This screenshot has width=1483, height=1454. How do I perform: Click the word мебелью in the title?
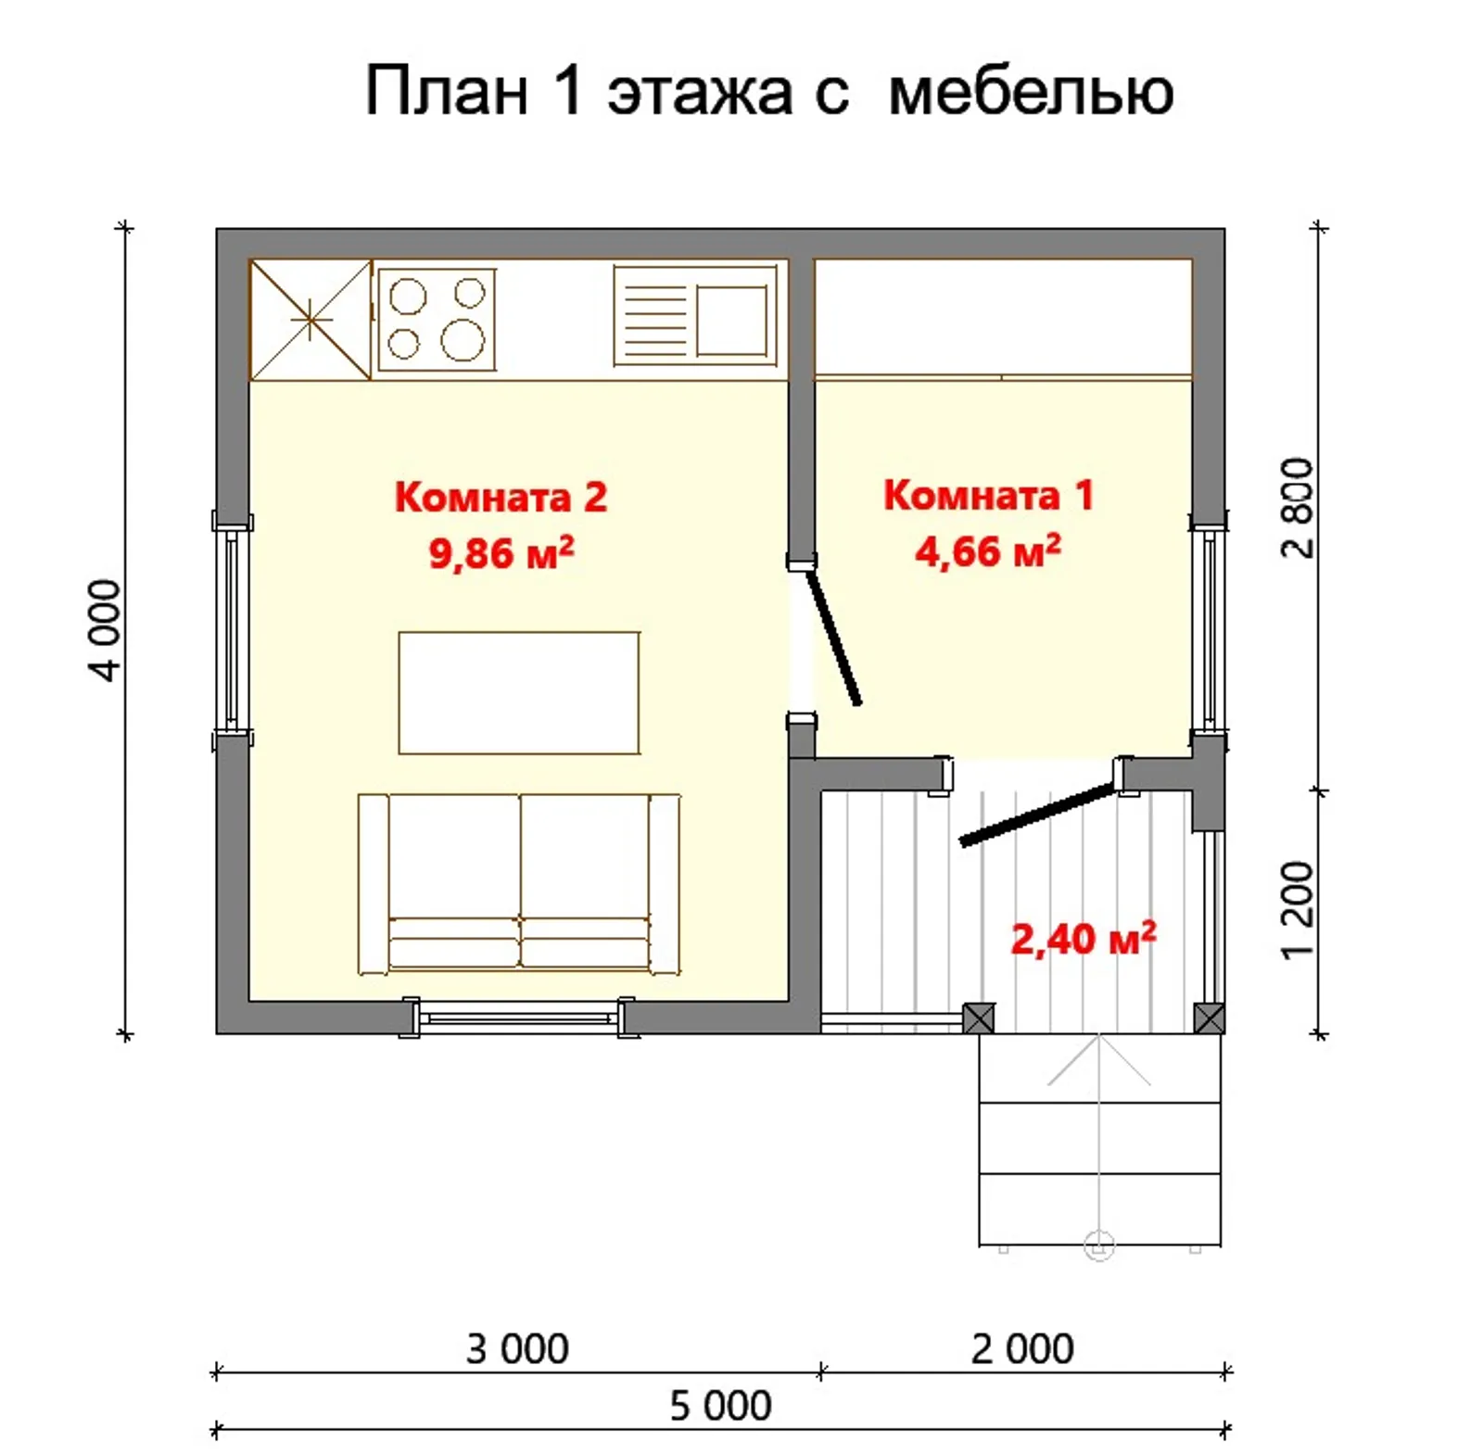(x=1030, y=92)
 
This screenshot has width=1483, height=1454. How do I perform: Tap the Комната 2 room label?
(x=501, y=498)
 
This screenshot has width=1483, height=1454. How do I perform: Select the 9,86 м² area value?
(x=501, y=553)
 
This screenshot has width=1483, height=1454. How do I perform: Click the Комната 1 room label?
(x=988, y=495)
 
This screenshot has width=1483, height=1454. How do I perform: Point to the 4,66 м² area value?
(x=987, y=551)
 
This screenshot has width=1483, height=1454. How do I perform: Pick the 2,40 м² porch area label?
(x=1083, y=939)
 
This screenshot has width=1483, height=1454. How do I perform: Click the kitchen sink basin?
(x=731, y=321)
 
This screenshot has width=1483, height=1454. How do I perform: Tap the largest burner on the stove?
(x=462, y=340)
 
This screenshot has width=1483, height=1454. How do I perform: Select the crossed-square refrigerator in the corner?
(x=311, y=320)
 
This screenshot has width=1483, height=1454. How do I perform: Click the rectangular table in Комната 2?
(x=518, y=692)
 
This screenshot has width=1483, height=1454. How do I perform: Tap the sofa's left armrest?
(x=374, y=883)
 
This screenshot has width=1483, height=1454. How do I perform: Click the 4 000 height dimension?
(x=107, y=630)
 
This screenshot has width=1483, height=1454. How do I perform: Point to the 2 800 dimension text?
(x=1299, y=508)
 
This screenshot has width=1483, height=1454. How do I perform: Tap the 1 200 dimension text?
(x=1299, y=910)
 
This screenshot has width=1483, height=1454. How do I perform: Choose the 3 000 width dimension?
(x=517, y=1349)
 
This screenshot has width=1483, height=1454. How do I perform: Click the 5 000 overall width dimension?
(x=720, y=1406)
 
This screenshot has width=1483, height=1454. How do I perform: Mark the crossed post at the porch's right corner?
(x=1209, y=1018)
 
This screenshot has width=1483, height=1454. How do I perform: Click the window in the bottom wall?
(x=518, y=1018)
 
